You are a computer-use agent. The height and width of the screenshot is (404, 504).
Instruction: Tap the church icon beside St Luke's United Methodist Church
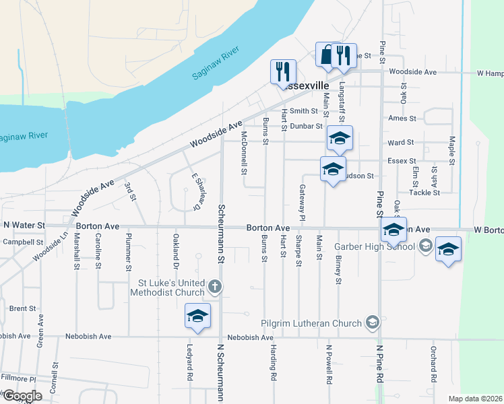[215, 287]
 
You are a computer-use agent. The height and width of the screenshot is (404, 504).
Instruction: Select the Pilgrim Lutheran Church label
[313, 324]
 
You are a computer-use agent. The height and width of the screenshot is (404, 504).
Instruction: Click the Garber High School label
[374, 246]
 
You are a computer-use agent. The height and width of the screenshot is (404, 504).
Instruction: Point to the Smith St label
[304, 111]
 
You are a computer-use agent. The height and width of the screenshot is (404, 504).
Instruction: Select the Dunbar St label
[307, 126]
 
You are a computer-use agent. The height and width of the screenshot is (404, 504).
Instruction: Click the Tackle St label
[424, 193]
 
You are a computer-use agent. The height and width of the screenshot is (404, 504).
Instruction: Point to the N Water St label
[24, 225]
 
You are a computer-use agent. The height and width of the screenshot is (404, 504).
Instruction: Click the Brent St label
[23, 308]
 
